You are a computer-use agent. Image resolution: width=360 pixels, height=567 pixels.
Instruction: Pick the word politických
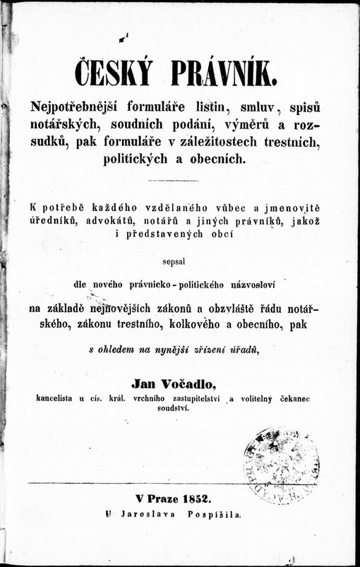pyautogui.click(x=145, y=159)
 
